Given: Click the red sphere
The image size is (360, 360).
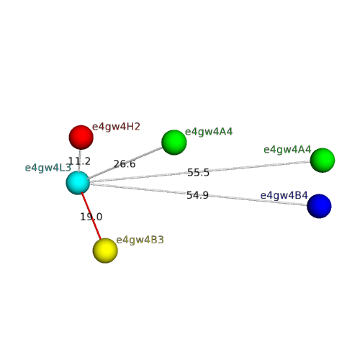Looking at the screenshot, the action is click(x=81, y=138).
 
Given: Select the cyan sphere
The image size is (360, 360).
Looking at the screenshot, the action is click(x=78, y=183).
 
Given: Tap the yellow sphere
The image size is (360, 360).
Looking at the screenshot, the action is click(x=105, y=251).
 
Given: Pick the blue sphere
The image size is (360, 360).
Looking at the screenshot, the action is click(x=319, y=206).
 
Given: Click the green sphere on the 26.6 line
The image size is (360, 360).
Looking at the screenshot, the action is click(x=174, y=143).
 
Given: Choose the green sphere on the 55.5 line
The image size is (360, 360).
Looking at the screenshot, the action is click(x=323, y=160).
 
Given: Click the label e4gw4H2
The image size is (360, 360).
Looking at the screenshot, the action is click(x=116, y=127).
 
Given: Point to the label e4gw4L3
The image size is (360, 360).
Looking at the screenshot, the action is click(x=48, y=168).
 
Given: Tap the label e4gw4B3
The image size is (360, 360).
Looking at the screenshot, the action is click(x=140, y=240).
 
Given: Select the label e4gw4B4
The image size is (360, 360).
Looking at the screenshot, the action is click(x=284, y=195).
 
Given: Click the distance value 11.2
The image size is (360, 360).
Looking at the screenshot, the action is click(x=79, y=161).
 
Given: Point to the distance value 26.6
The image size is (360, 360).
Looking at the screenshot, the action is click(x=125, y=164).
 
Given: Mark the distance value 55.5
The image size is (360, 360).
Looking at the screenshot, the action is click(x=198, y=172).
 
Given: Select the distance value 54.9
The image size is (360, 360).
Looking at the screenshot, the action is click(x=197, y=195).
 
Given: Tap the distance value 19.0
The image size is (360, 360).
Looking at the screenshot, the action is click(x=91, y=217).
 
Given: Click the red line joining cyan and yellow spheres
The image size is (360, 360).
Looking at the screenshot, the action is click(x=91, y=216).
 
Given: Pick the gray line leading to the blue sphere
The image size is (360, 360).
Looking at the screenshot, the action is click(x=199, y=194).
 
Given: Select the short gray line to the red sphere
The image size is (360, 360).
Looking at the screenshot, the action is click(x=79, y=161).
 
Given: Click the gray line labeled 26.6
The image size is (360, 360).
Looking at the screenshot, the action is click(x=125, y=163).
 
